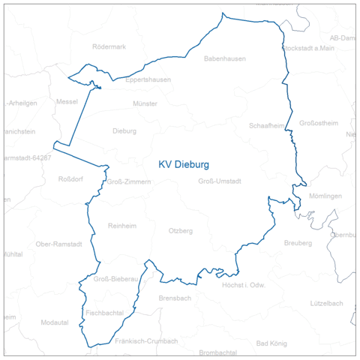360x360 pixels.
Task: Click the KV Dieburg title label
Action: [x=183, y=163]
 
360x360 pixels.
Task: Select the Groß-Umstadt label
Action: [x=219, y=181]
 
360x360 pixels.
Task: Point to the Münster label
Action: [x=144, y=103]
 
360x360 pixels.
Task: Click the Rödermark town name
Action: [x=108, y=46]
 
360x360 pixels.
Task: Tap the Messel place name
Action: [x=67, y=101]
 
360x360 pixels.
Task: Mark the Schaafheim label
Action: [x=266, y=126]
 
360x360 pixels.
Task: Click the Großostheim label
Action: [x=319, y=123]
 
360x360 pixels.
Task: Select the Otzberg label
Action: [x=181, y=230]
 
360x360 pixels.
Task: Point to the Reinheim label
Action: [x=122, y=226]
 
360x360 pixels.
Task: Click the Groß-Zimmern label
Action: [x=129, y=181]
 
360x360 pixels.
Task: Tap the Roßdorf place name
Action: [x=72, y=178]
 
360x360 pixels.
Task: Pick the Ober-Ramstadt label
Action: [x=60, y=244]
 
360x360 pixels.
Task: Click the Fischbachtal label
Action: [x=105, y=311]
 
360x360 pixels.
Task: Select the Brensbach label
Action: [x=175, y=298]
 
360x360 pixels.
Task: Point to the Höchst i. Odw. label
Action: [x=244, y=285]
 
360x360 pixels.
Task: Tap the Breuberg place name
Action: [x=298, y=243]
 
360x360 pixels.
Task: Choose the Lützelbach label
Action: [x=326, y=303]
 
